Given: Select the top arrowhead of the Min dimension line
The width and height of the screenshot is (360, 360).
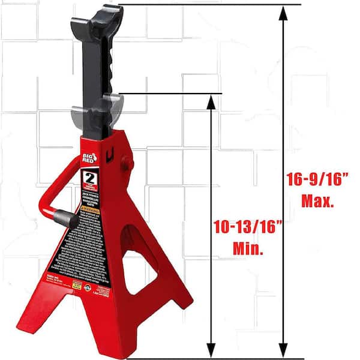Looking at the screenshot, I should [x=210, y=101].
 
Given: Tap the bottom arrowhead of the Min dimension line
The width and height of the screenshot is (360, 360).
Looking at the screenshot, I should [x=210, y=351].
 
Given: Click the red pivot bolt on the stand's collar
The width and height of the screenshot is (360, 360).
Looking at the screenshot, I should [x=127, y=163].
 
